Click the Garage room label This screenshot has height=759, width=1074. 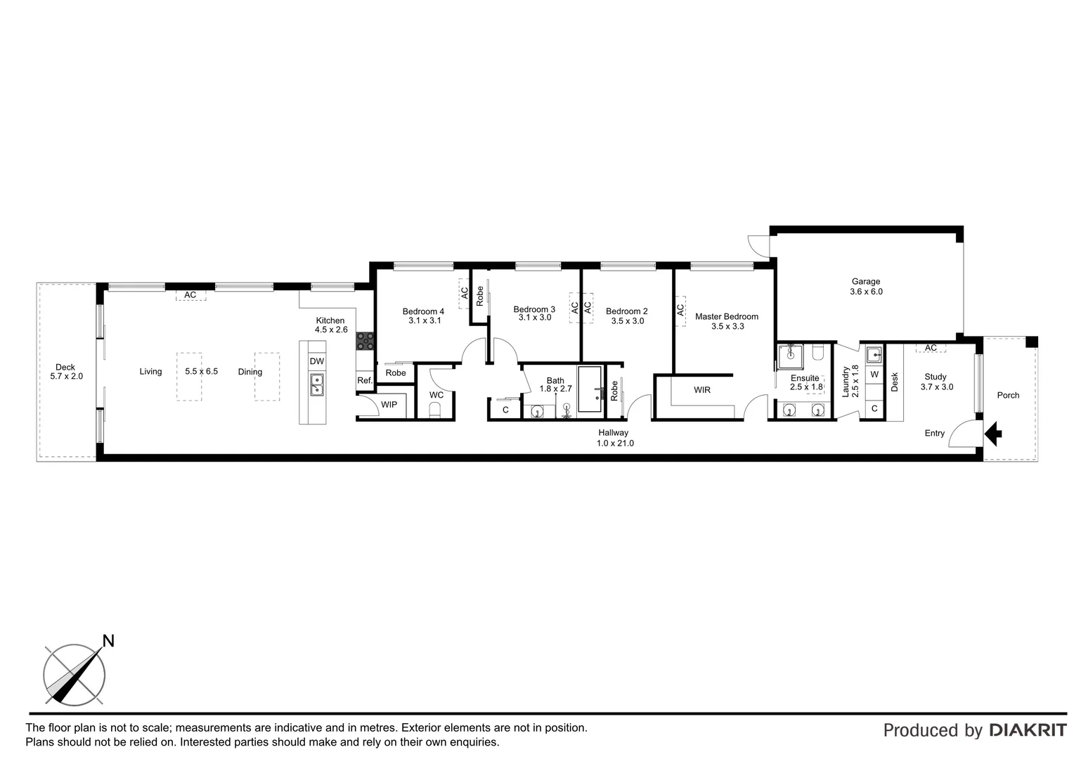pyautogui.click(x=865, y=282)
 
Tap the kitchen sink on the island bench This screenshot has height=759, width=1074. pyautogui.click(x=317, y=385)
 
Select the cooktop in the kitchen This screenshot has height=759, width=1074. pyautogui.click(x=365, y=341)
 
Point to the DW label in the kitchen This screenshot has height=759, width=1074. pyautogui.click(x=317, y=361)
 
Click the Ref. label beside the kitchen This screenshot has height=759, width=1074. pyautogui.click(x=364, y=381)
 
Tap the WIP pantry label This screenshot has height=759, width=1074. pyautogui.click(x=389, y=405)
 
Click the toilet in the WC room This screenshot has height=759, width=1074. pyautogui.click(x=435, y=410)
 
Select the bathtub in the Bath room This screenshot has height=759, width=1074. pyautogui.click(x=590, y=389)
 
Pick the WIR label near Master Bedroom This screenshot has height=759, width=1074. pyautogui.click(x=701, y=390)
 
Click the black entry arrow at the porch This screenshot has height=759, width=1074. pyautogui.click(x=992, y=434)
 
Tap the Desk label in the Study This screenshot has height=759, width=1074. pyautogui.click(x=895, y=382)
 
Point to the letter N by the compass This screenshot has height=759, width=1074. pyautogui.click(x=108, y=640)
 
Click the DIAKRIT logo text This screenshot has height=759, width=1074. pyautogui.click(x=1028, y=730)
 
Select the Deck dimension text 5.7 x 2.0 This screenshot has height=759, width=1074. pyautogui.click(x=65, y=377)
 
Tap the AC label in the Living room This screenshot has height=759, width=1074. pyautogui.click(x=190, y=295)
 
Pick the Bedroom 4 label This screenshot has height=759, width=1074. pyautogui.click(x=423, y=311)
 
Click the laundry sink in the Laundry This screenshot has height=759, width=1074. pyautogui.click(x=874, y=353)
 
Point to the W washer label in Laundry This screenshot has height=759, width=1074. pyautogui.click(x=874, y=375)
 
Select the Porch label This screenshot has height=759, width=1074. pyautogui.click(x=1008, y=395)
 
